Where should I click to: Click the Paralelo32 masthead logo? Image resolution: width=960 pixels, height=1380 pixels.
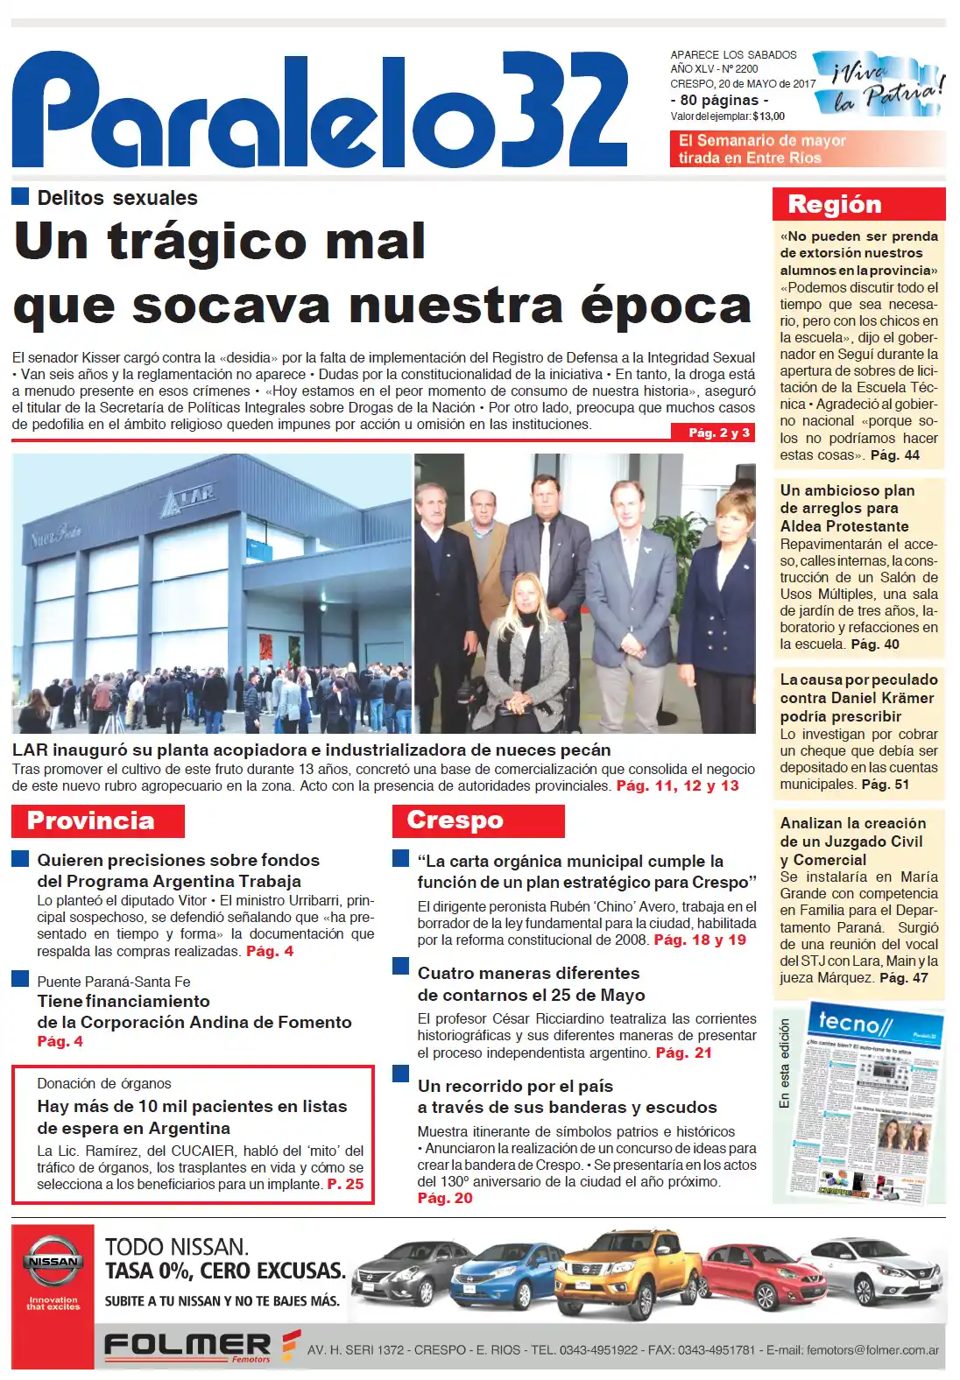[320, 109]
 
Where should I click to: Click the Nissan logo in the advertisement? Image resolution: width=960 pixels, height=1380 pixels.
[52, 1261]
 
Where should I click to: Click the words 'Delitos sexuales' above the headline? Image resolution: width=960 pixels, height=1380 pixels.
[117, 198]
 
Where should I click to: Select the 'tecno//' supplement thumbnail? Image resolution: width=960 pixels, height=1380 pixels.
[867, 1106]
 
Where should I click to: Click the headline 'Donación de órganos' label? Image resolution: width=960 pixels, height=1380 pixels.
[104, 1083]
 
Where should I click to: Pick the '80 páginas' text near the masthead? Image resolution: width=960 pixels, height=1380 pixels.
[718, 100]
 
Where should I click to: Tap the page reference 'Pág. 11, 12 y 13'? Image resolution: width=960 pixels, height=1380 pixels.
[677, 785]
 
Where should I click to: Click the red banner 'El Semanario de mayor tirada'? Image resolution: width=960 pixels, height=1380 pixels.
[762, 149]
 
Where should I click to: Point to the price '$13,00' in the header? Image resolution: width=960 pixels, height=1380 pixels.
[768, 116]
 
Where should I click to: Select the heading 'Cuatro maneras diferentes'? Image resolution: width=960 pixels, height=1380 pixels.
[528, 973]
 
